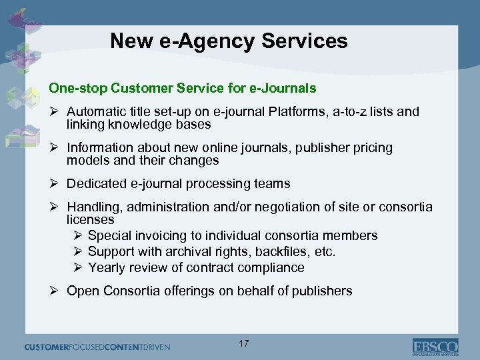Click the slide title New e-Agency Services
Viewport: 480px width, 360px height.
(x=229, y=41)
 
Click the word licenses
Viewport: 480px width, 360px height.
(x=91, y=219)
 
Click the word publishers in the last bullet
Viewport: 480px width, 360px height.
(x=319, y=291)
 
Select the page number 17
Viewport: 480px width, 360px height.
(x=243, y=344)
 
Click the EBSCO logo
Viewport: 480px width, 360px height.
(x=435, y=347)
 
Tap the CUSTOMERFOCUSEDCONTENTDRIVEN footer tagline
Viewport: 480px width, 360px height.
(x=97, y=347)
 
